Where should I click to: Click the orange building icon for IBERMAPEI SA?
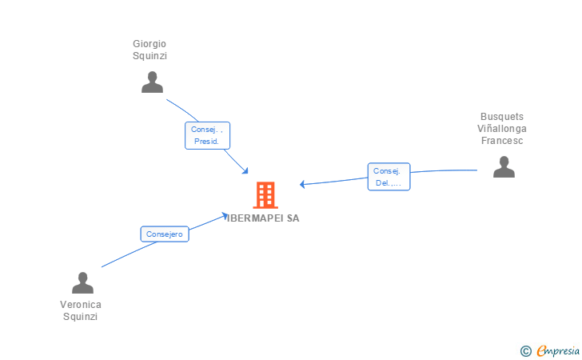(265, 194)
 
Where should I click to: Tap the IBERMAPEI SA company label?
(263, 218)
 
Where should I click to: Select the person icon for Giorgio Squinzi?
(152, 82)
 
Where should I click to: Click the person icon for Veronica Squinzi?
(82, 283)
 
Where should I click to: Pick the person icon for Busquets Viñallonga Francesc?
(504, 166)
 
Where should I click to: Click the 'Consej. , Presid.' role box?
(207, 135)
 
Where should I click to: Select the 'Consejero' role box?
(165, 234)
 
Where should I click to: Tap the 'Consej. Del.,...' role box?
(389, 177)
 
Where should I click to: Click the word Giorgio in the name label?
(149, 43)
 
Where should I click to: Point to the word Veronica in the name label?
(81, 304)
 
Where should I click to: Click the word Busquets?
(502, 116)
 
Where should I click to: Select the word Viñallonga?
(502, 128)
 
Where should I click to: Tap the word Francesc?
(502, 140)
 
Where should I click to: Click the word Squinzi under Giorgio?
(149, 56)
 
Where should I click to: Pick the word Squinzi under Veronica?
(81, 316)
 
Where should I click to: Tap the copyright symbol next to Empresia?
(525, 350)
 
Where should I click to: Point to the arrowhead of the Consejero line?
(226, 214)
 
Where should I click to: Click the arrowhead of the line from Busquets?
(303, 185)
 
